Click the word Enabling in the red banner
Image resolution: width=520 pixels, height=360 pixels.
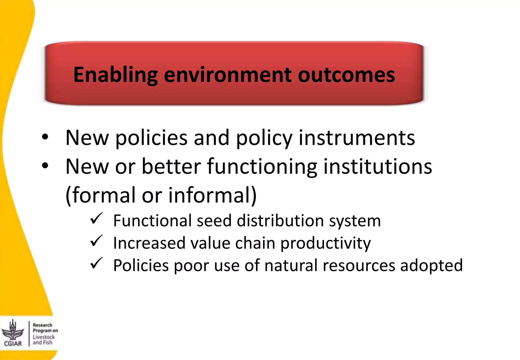[116, 75]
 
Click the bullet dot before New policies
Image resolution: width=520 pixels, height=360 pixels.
[45, 137]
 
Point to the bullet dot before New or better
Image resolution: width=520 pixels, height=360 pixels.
[45, 166]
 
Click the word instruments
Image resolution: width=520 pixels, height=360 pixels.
[357, 138]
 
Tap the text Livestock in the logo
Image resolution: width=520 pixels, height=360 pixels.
[44, 337]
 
